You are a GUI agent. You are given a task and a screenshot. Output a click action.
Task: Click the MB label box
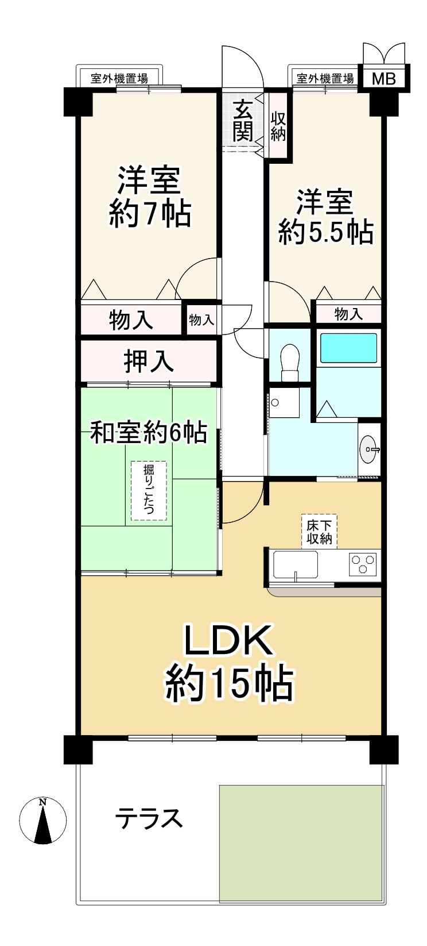[x=384, y=79]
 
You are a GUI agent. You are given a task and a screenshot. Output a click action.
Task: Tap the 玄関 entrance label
[x=243, y=121]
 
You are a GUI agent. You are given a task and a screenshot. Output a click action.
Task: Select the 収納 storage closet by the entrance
[x=278, y=126]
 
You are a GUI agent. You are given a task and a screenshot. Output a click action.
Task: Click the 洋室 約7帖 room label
[x=149, y=197]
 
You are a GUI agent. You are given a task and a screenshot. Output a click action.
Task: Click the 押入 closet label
[x=149, y=362]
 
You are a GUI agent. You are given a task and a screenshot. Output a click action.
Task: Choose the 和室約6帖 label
[x=149, y=433]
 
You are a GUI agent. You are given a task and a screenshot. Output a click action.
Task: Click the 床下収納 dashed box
[x=319, y=532]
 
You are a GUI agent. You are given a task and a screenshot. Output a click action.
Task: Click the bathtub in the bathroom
[x=348, y=348]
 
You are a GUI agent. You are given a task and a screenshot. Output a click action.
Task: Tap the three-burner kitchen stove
[x=363, y=564]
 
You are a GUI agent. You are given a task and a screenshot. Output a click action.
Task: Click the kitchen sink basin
[x=296, y=564]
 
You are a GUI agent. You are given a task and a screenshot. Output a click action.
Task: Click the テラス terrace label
[x=149, y=818]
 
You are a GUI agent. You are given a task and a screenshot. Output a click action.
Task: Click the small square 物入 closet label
[x=201, y=320]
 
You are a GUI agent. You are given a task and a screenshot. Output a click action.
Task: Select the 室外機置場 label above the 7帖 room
[x=119, y=79]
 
